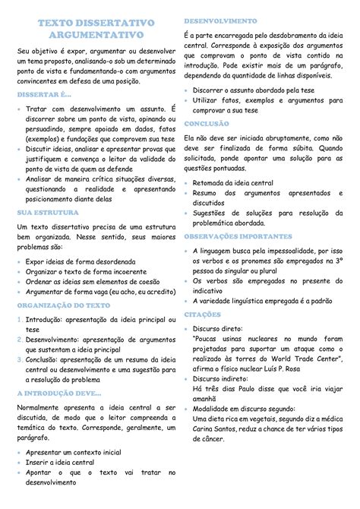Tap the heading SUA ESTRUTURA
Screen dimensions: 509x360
49,213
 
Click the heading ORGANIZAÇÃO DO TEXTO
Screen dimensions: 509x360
63,305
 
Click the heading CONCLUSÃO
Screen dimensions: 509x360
212,122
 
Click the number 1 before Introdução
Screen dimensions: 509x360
19,320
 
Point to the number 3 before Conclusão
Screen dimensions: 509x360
19,357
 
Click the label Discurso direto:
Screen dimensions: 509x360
224,329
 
